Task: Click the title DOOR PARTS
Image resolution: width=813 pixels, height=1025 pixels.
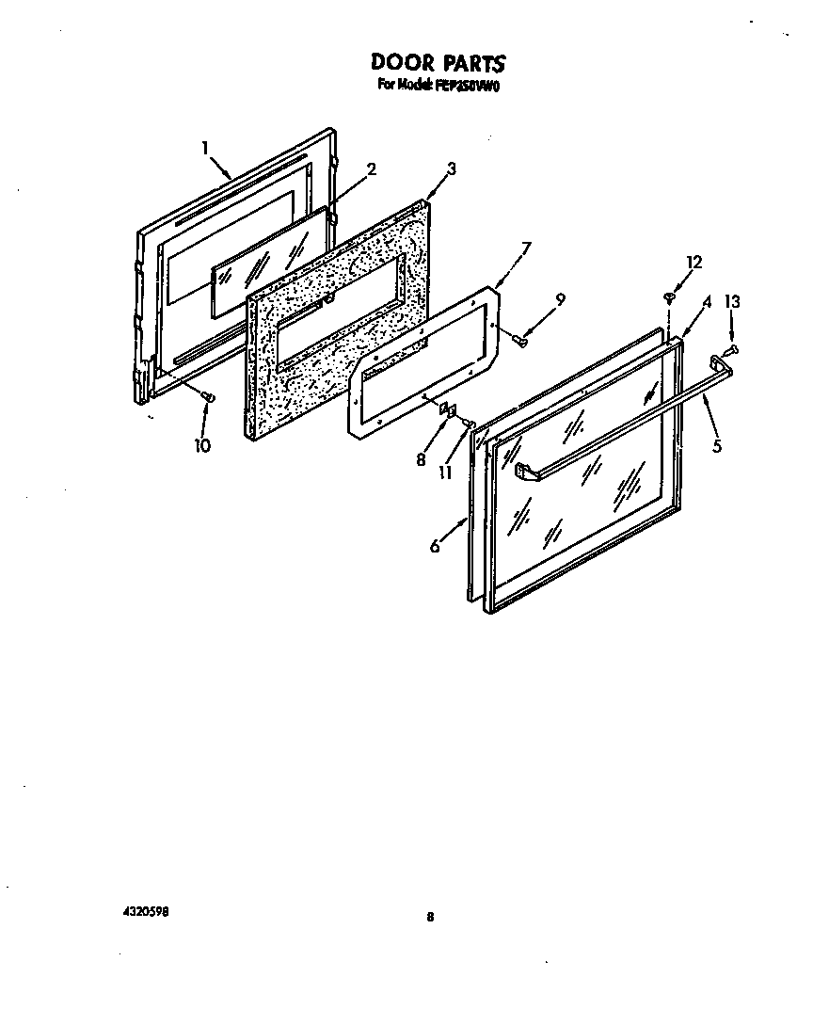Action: [x=438, y=63]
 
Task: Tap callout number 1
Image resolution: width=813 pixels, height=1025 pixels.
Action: [x=204, y=147]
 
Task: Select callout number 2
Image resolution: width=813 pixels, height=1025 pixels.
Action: [x=372, y=169]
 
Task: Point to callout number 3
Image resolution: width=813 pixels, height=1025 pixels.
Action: [x=452, y=168]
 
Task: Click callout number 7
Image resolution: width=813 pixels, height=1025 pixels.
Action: [x=526, y=248]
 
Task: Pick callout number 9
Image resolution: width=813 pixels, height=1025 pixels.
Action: [x=560, y=299]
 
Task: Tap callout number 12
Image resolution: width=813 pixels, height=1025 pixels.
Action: [x=694, y=263]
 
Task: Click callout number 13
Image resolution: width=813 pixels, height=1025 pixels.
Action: [x=732, y=302]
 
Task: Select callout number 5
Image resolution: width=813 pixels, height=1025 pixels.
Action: [x=717, y=446]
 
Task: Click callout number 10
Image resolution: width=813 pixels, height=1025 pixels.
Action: [x=202, y=445]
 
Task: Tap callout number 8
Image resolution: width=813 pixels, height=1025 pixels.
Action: [x=422, y=459]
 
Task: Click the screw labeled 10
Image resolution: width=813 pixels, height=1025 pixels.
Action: [x=209, y=399]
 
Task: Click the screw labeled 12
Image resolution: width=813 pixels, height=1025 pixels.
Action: [x=669, y=297]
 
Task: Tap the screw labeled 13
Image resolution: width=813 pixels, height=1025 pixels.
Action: [x=733, y=349]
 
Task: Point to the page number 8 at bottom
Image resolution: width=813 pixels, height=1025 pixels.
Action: [x=429, y=919]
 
